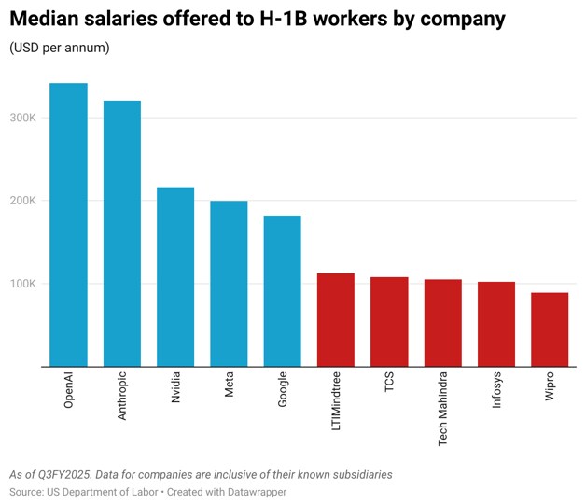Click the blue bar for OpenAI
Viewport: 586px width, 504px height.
point(68,225)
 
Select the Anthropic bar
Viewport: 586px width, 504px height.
point(122,233)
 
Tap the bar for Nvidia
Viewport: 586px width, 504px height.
point(175,276)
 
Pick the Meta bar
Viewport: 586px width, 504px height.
point(229,284)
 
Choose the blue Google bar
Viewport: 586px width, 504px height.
point(282,291)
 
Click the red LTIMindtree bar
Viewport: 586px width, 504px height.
point(336,320)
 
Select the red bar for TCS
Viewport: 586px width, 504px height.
point(389,322)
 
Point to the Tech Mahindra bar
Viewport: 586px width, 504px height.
point(443,323)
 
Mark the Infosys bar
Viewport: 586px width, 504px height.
point(496,324)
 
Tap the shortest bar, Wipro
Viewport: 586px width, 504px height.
point(550,329)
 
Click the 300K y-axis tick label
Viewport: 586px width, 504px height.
point(22,118)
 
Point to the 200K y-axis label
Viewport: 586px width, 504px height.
point(22,201)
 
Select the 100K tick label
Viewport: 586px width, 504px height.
point(22,284)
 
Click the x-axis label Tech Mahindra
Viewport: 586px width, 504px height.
point(442,409)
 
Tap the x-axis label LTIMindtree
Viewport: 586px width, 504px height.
point(336,400)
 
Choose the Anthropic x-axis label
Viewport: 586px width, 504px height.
point(122,396)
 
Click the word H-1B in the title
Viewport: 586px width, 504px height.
point(284,19)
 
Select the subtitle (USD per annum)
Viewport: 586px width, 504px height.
point(60,48)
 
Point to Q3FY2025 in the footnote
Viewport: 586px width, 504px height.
point(65,475)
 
